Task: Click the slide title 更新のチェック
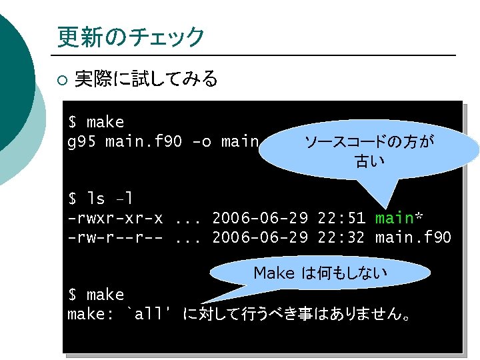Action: tap(131, 37)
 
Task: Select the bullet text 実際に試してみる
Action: tap(146, 80)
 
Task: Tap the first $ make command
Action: tap(96, 122)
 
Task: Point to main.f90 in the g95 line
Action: tap(140, 141)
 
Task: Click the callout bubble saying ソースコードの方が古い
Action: tap(368, 151)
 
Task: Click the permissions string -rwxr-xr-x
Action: tap(115, 218)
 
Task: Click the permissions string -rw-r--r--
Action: tap(115, 237)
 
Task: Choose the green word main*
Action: tap(399, 218)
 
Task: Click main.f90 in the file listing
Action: tap(413, 237)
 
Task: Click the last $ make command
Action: tap(96, 294)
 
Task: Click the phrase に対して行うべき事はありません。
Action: tap(297, 313)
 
